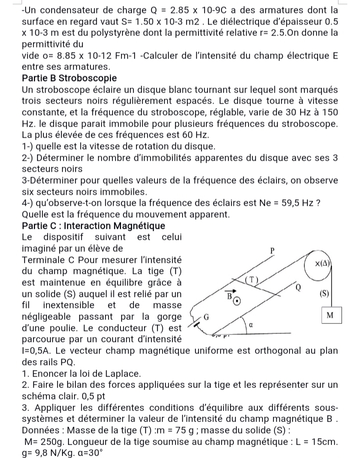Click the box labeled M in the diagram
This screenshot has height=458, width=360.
(x=329, y=315)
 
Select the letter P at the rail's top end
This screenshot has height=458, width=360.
(x=272, y=249)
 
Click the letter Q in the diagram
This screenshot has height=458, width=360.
(x=298, y=287)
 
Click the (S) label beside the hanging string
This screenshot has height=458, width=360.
(x=324, y=293)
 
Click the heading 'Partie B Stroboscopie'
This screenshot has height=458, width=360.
(x=69, y=79)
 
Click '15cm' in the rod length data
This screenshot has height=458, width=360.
(x=324, y=442)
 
